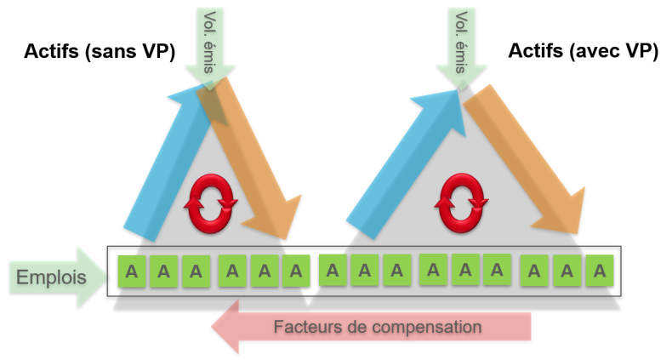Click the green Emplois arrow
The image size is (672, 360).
(55, 277)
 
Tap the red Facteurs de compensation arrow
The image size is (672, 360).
(374, 327)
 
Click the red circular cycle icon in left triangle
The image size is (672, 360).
(208, 203)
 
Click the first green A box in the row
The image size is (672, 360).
(132, 271)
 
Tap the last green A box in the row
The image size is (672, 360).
(600, 271)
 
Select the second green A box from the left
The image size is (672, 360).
(164, 271)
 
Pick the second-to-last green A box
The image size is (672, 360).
(567, 271)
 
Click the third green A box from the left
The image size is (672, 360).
(196, 271)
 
